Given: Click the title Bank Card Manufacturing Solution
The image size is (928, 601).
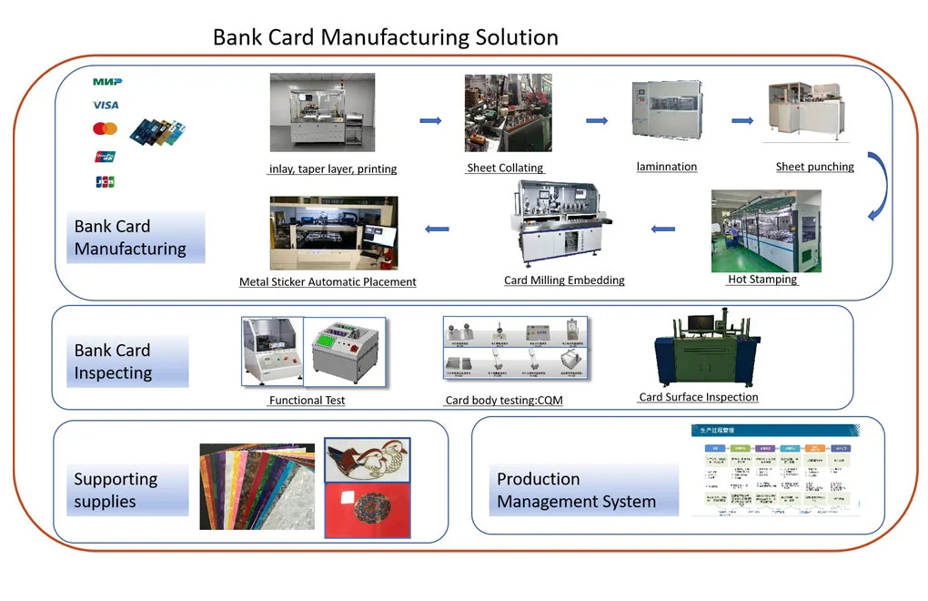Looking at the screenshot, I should tap(385, 37).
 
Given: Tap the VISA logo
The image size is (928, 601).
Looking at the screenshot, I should tap(106, 106).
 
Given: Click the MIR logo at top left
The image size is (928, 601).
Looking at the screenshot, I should tap(106, 82).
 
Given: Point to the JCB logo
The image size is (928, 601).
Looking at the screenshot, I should tap(105, 182).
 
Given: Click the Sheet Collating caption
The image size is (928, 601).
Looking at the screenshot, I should tap(505, 168).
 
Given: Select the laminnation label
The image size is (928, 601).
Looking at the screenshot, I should tap(667, 167).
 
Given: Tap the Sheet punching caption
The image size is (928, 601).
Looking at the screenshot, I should tap(814, 167).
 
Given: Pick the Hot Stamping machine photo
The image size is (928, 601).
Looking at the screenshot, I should tap(765, 231).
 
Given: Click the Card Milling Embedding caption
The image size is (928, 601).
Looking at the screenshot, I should tap(564, 280).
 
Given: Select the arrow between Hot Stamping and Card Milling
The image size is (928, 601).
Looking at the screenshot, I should tap(663, 229).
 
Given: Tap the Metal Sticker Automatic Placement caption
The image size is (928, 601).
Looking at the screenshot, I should tap(328, 282).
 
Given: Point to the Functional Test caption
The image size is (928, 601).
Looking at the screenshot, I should tap(307, 400).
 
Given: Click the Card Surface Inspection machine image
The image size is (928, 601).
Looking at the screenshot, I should tap(698, 351).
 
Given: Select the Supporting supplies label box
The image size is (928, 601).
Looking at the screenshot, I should tap(120, 490).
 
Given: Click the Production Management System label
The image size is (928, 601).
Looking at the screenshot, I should tap(576, 490).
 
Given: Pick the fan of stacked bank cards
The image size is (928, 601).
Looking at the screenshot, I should tap(156, 132).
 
